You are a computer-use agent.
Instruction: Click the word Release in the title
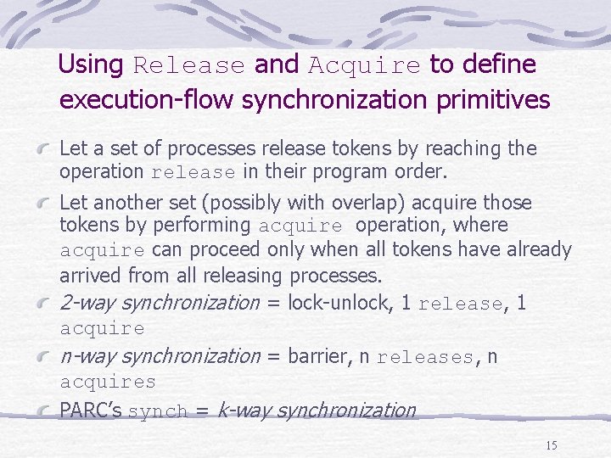pos(188,65)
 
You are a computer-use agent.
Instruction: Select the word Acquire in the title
pos(364,65)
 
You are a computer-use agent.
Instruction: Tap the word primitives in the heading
pos(501,100)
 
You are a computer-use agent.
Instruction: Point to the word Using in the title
pos(92,64)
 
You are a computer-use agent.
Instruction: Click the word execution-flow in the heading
pos(148,100)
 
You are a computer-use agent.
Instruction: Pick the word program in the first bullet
pos(356,171)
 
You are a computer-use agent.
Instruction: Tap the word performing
pos(209,226)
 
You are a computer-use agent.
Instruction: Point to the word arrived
pos(91,276)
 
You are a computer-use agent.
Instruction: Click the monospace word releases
pos(425,358)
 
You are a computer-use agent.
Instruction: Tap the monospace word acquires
pos(108,383)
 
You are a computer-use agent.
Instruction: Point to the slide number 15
pos(552,445)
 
